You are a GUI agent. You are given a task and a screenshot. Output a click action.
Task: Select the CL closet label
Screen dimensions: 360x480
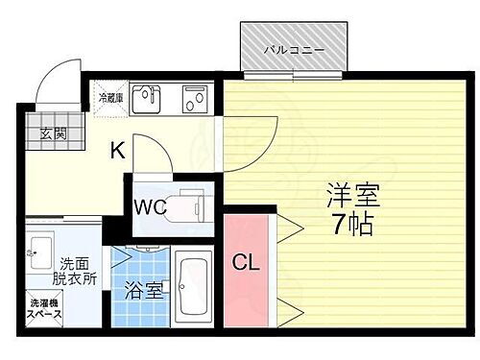pyautogui.click(x=246, y=261)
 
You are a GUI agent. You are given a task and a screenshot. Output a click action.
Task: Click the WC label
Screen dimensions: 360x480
pyautogui.click(x=151, y=204)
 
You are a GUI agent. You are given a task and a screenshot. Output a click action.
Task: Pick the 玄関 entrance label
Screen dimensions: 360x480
pyautogui.click(x=53, y=133)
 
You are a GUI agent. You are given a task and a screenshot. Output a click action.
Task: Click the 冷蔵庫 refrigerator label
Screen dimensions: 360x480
pyautogui.click(x=108, y=96)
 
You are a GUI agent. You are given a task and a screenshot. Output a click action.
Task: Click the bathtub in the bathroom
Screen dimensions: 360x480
pyautogui.click(x=197, y=282)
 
